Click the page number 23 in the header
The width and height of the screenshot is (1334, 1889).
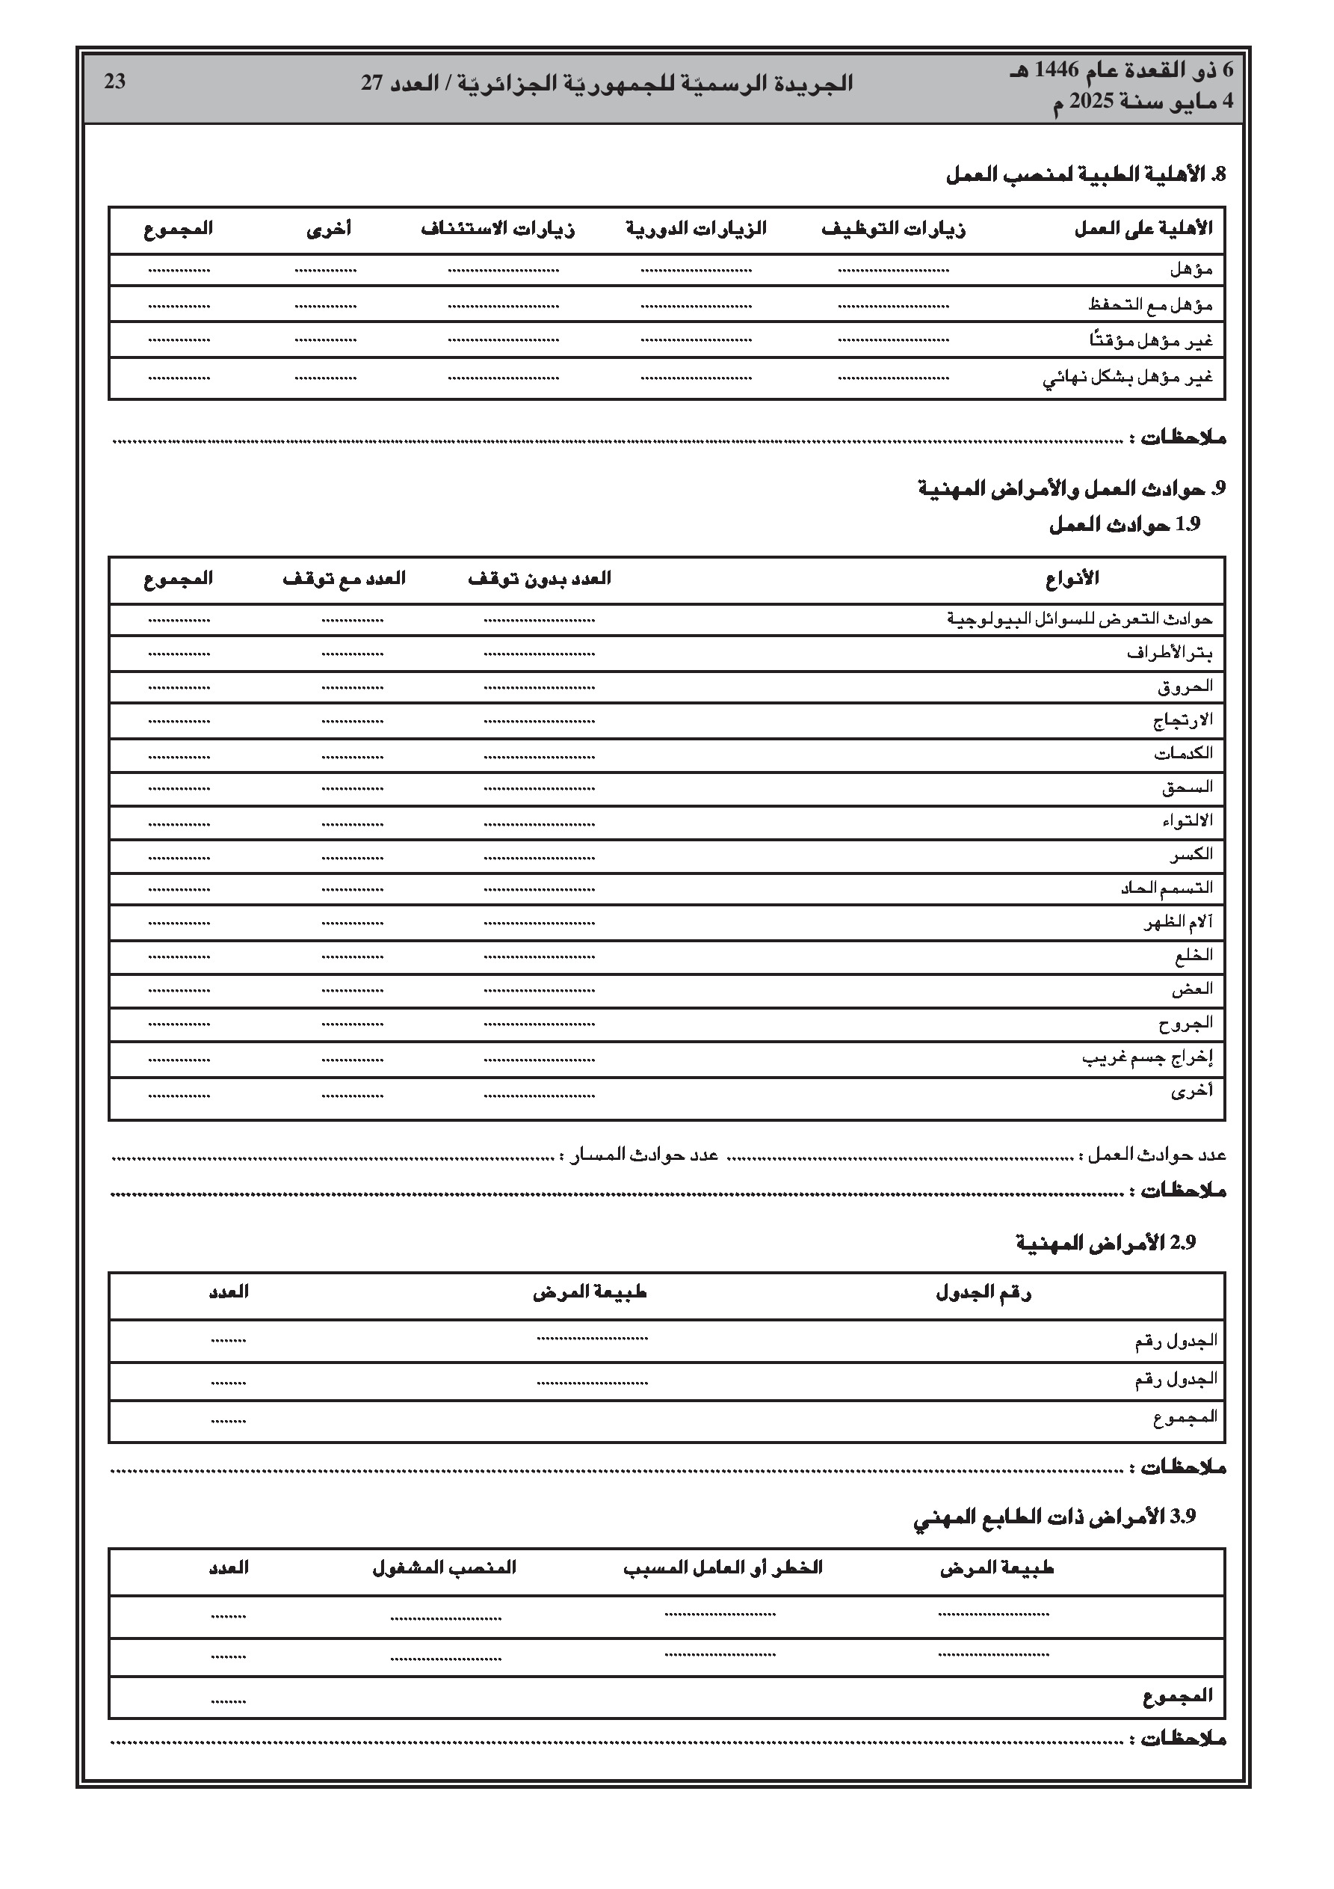point(115,82)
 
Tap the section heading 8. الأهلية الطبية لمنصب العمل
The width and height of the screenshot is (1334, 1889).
point(1086,174)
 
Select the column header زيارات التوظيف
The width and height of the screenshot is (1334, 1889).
point(893,230)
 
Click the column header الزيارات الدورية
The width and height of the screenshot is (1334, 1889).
point(696,229)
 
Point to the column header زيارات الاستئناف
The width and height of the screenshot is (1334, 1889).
point(498,230)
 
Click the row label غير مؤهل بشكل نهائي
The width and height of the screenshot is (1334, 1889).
point(1128,378)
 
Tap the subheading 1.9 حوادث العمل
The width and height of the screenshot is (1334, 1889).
point(1124,525)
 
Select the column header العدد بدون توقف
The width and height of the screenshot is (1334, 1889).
point(540,578)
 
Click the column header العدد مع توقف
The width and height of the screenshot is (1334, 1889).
point(344,578)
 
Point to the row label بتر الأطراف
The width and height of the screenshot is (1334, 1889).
point(1170,654)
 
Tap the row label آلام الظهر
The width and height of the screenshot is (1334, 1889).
point(1178,922)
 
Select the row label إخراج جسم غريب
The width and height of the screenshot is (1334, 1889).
point(1147,1058)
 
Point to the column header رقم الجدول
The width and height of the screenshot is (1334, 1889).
point(983,1293)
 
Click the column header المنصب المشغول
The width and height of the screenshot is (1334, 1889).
point(444,1568)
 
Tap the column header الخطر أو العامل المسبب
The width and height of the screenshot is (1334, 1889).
point(722,1568)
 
